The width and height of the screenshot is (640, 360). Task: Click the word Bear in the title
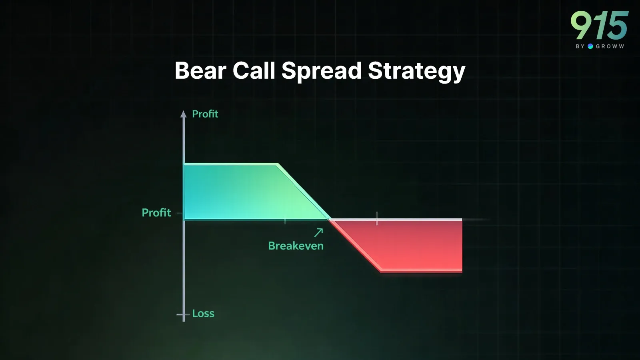(x=200, y=70)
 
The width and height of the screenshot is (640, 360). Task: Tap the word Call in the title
(x=254, y=70)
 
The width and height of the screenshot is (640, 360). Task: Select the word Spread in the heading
(x=322, y=72)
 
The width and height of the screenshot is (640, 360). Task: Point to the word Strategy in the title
(x=417, y=72)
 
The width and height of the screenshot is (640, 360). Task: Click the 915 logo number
(x=600, y=26)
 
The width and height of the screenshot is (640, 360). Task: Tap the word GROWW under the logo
(x=610, y=46)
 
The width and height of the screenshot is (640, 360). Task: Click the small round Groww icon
(x=590, y=46)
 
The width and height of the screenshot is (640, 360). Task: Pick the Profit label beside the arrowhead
(x=205, y=114)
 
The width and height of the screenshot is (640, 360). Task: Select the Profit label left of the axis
(x=156, y=212)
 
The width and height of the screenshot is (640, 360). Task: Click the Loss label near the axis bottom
(x=203, y=314)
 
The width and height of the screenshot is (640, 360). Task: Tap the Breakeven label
(x=296, y=246)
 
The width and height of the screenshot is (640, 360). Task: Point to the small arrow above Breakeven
(x=318, y=232)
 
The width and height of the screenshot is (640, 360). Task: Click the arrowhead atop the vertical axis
(x=184, y=114)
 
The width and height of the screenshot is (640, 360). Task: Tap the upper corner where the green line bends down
(x=278, y=164)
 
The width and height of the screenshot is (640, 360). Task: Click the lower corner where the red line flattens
(x=381, y=270)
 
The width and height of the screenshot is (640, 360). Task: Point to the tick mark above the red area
(x=377, y=218)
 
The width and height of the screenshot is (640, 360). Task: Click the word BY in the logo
(x=580, y=46)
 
